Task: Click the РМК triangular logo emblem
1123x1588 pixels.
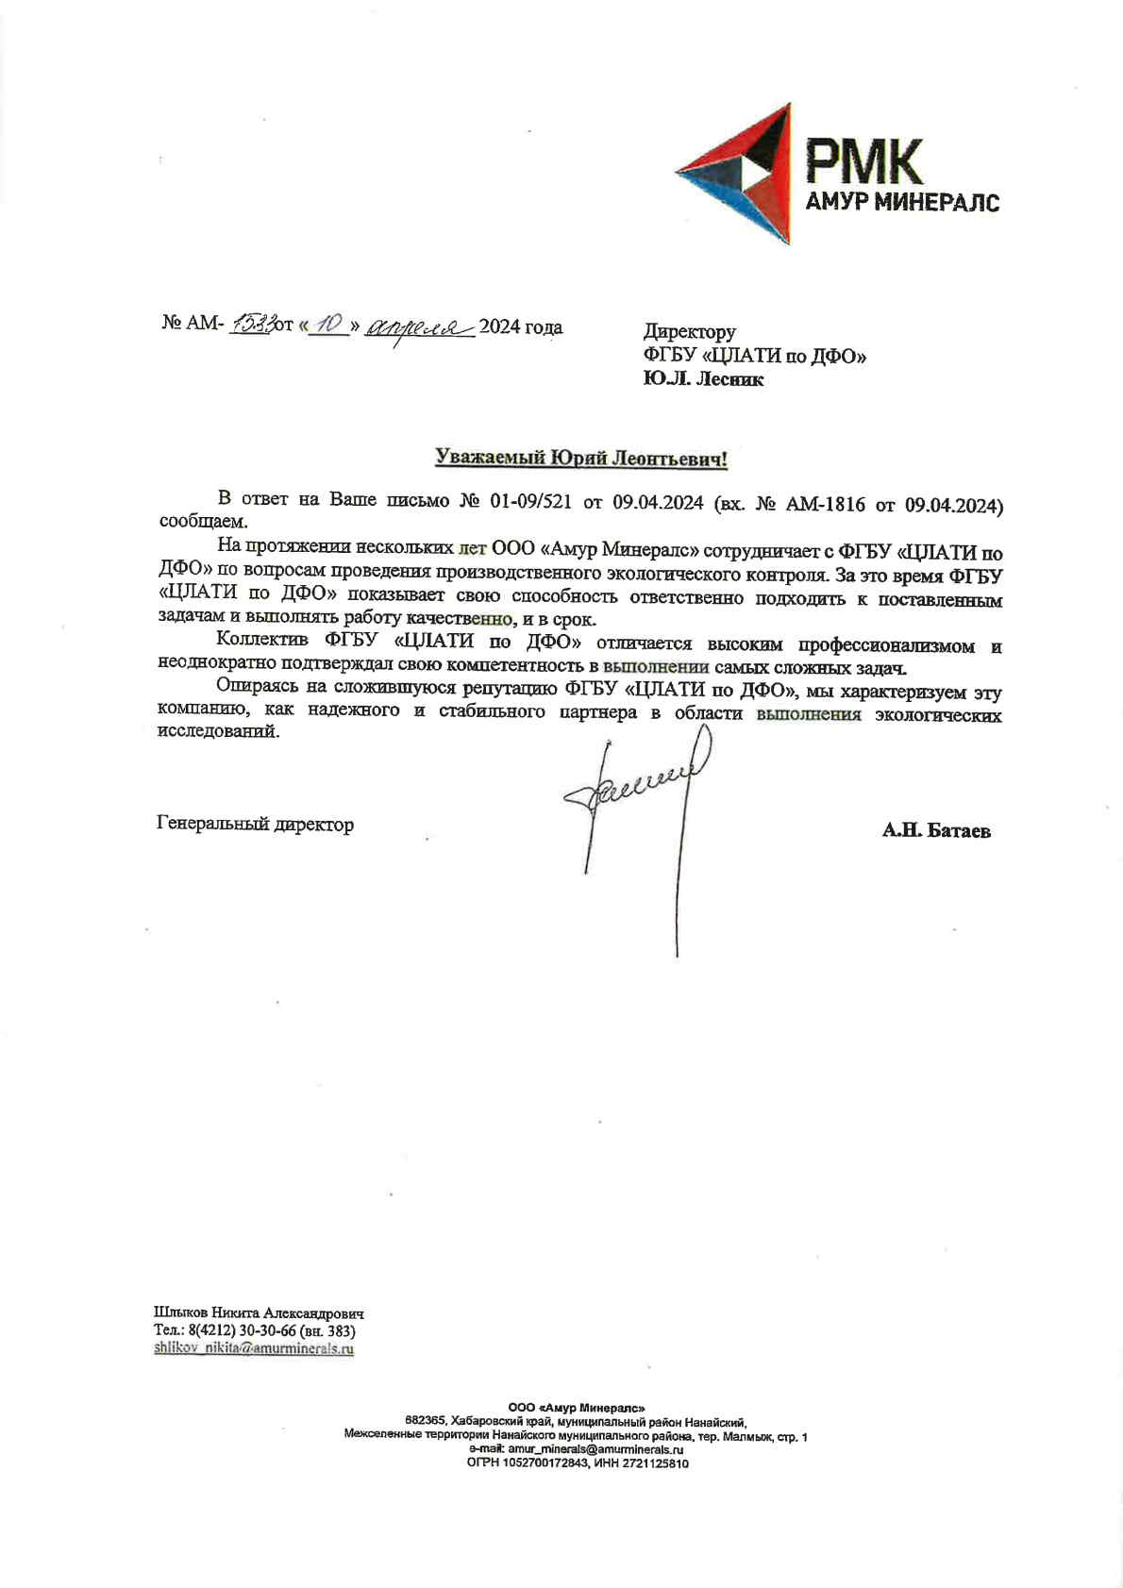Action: coord(736,176)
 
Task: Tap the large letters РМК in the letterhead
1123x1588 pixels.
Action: coord(863,162)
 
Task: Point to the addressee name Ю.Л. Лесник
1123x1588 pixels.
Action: coord(703,379)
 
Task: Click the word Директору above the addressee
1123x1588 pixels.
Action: coord(689,331)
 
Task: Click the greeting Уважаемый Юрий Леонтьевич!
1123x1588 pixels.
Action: coord(580,459)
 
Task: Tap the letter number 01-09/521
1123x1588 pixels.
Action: coord(530,501)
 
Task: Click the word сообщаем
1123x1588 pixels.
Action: coord(203,522)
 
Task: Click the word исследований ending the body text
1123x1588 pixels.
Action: coord(217,731)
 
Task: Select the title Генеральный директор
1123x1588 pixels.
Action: coord(255,825)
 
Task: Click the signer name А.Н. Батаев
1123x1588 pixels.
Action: coord(936,830)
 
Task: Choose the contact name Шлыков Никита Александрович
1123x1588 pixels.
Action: coord(259,1312)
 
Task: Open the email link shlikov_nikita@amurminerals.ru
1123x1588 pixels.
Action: coord(253,1348)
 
